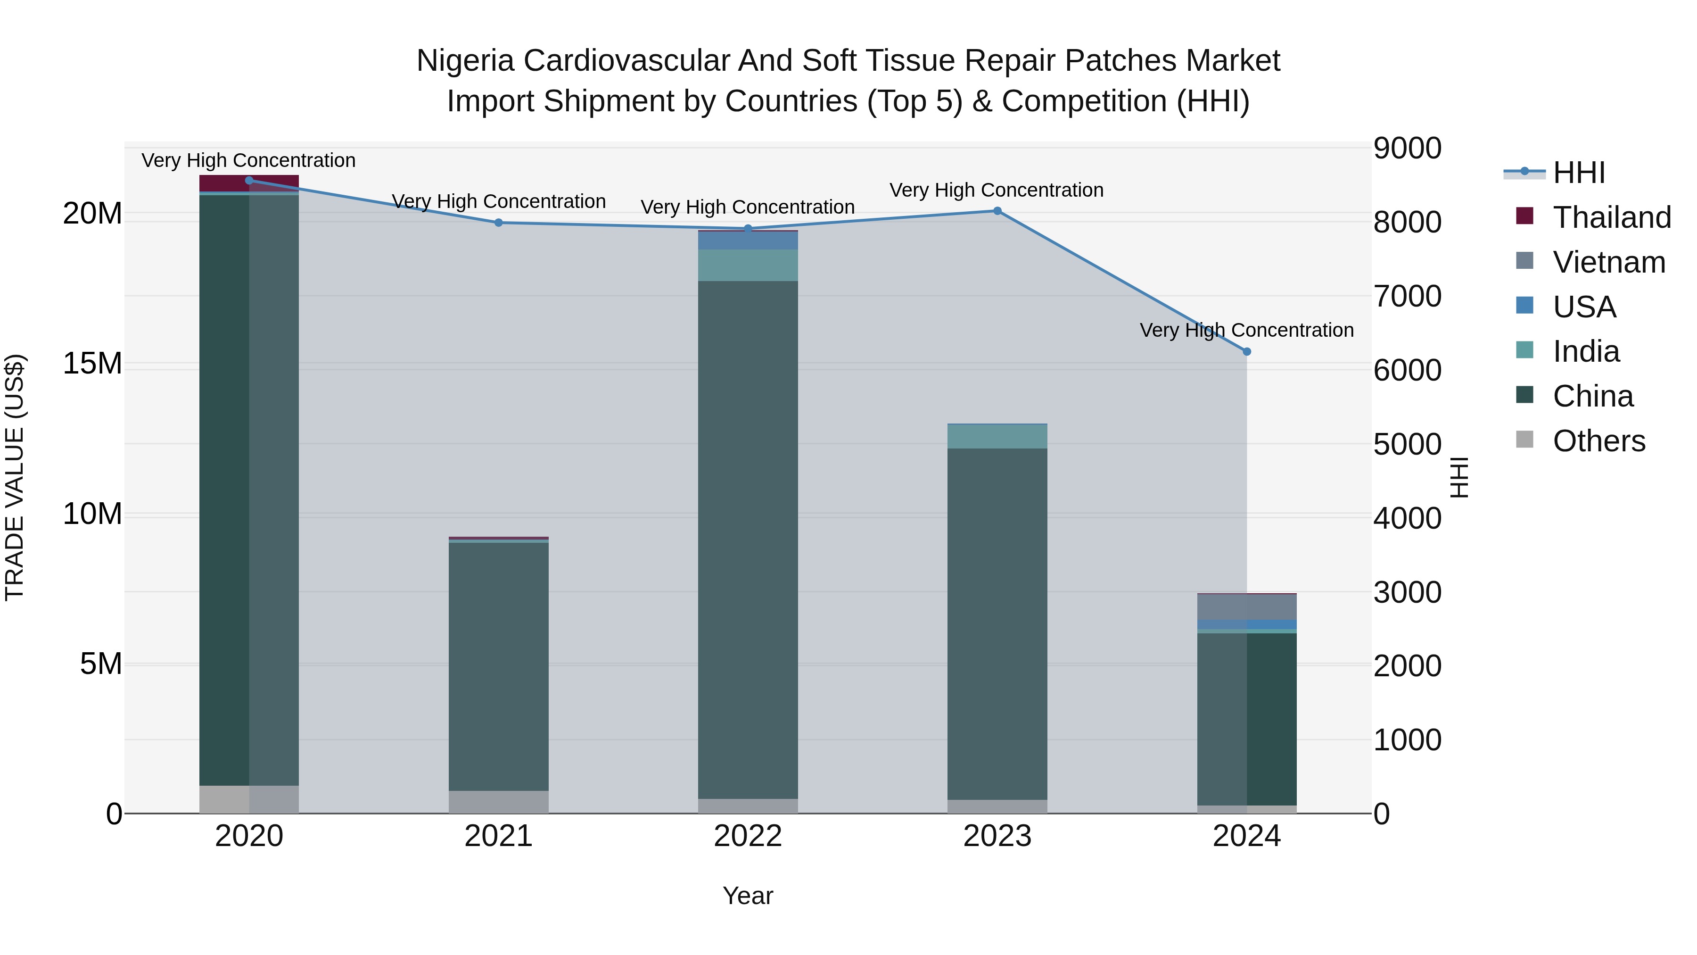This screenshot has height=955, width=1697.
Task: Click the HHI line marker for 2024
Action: (x=1246, y=352)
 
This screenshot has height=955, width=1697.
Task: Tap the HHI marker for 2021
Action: (x=499, y=223)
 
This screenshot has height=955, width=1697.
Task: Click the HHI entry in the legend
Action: (x=1578, y=173)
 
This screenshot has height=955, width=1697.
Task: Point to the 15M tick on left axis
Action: (x=93, y=364)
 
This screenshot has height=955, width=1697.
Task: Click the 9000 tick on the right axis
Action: (x=1407, y=148)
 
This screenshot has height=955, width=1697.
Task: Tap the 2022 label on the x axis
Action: (x=748, y=836)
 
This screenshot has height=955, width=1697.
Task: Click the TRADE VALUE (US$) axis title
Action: (x=15, y=477)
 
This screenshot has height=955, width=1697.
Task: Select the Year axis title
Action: (x=748, y=896)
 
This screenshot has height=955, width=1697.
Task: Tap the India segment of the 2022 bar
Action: (x=748, y=265)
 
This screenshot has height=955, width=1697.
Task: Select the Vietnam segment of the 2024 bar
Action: (x=1246, y=607)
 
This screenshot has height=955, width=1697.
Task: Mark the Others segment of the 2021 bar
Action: (x=499, y=801)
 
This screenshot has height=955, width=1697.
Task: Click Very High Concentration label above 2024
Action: (x=1246, y=330)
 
